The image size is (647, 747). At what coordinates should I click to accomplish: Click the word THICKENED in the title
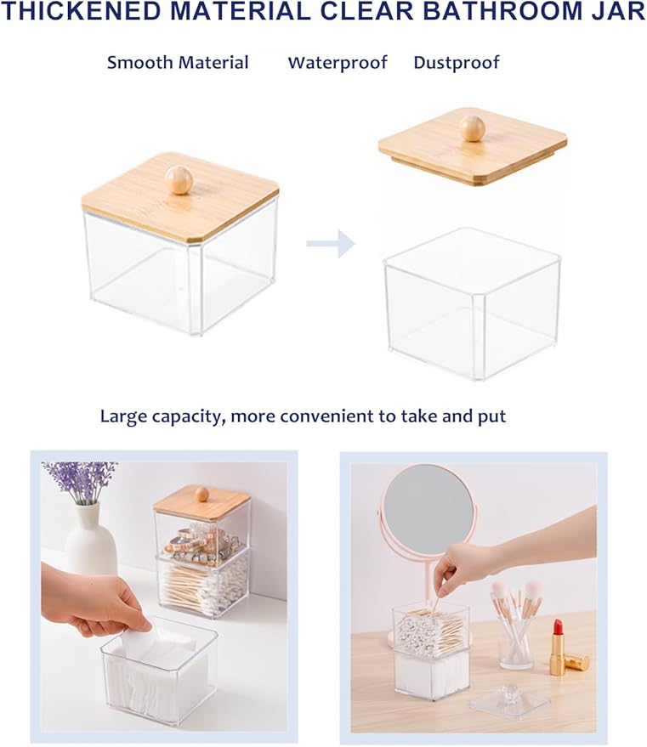(x=82, y=11)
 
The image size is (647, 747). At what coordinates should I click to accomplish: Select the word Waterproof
(x=338, y=62)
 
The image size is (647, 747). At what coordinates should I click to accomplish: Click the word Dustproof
(x=456, y=62)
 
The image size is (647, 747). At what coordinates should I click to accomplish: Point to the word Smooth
(x=139, y=62)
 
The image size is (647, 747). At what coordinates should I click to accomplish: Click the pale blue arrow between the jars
(x=331, y=243)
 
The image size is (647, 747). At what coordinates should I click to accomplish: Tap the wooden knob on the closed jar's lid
(x=179, y=179)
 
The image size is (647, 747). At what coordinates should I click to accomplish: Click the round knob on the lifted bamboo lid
(x=472, y=128)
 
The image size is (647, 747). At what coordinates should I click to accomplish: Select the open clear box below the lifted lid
(x=472, y=303)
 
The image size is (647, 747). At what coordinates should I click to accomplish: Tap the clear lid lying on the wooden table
(x=509, y=700)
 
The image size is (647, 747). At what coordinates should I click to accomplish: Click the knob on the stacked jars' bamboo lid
(x=202, y=494)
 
